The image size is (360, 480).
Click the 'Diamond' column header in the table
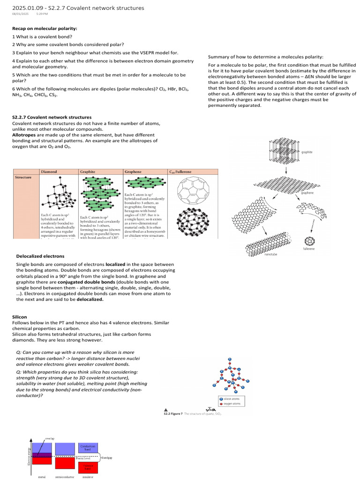pyautogui.click(x=49, y=172)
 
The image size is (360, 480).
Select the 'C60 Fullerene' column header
pyautogui.click(x=181, y=172)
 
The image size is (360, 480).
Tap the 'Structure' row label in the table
pyautogui.click(x=23, y=178)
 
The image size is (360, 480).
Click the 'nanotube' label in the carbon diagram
pyautogui.click(x=268, y=254)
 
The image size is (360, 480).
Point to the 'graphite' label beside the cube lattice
pyautogui.click(x=307, y=152)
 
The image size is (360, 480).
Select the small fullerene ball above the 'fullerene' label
pyautogui.click(x=309, y=241)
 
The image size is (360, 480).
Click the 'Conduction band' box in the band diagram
pyautogui.click(x=88, y=448)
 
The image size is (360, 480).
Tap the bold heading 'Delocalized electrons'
pyautogui.click(x=40, y=256)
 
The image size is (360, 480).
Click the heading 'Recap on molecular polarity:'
pyautogui.click(x=45, y=28)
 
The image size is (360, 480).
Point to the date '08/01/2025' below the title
pyautogui.click(x=20, y=14)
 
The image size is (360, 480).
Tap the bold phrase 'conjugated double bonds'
pyautogui.click(x=86, y=283)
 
